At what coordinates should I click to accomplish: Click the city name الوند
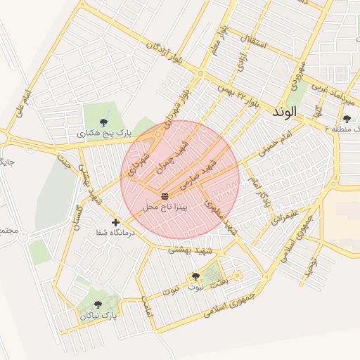point(283,111)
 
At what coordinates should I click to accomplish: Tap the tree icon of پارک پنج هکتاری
point(104,118)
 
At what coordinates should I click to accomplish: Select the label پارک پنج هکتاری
point(103,131)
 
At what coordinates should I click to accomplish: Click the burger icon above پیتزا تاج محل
point(165,195)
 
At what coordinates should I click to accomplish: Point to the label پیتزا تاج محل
point(165,207)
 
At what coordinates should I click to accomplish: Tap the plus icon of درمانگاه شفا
point(115,223)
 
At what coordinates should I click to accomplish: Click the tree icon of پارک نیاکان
point(97,304)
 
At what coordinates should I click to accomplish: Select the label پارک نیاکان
point(98,316)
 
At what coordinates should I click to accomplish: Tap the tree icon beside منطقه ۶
point(347,120)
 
